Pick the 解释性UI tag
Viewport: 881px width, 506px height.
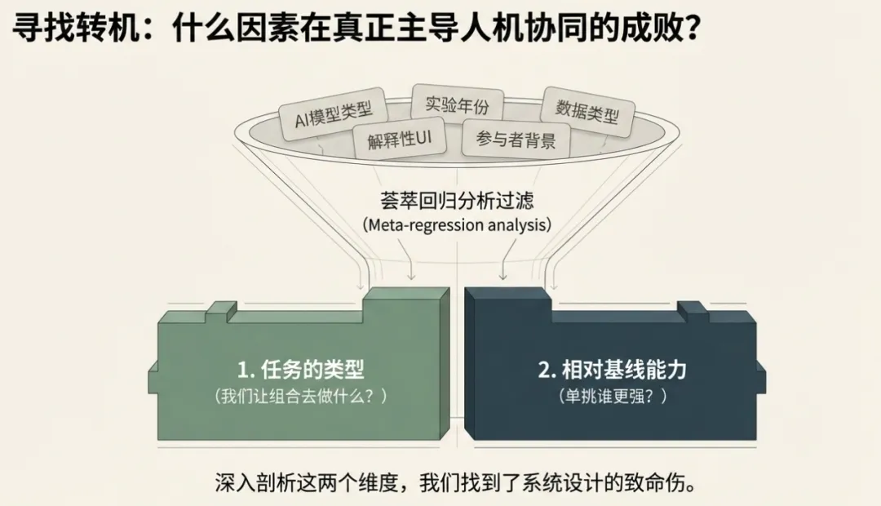coord(400,140)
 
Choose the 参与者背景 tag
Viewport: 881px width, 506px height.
coord(516,140)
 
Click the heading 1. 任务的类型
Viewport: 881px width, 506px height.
coord(301,370)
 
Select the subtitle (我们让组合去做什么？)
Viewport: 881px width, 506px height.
coord(301,397)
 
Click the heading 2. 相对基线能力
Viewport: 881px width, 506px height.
coord(613,370)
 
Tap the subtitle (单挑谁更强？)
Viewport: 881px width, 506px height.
coord(613,397)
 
